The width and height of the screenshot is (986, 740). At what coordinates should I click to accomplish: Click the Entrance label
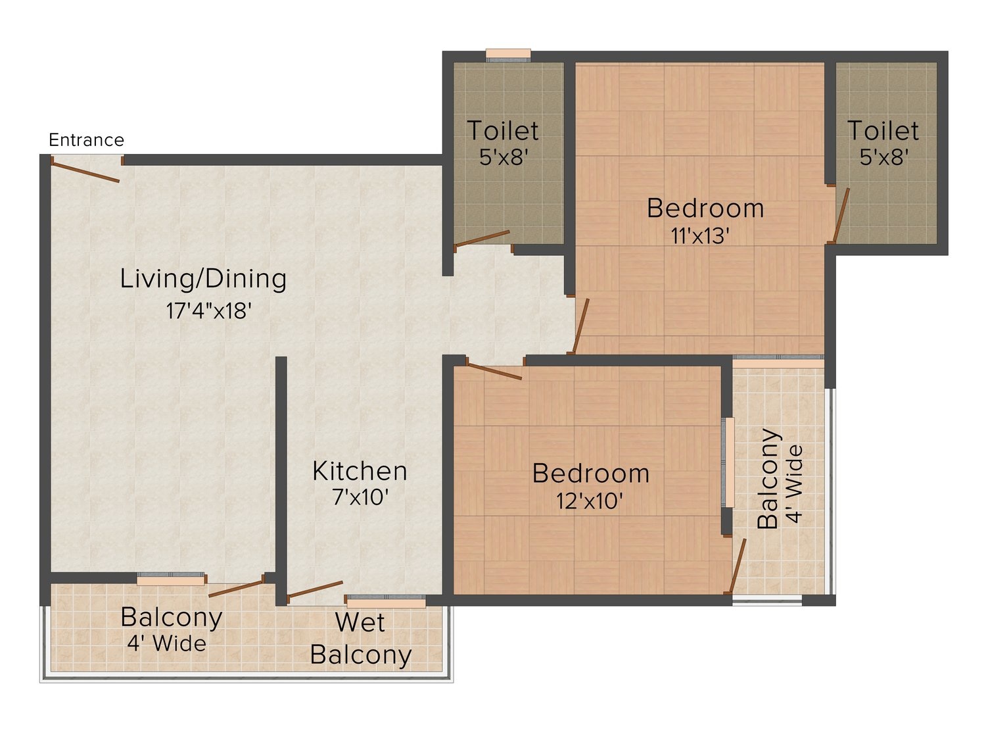(x=86, y=140)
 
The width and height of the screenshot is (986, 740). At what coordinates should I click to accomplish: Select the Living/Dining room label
(x=203, y=280)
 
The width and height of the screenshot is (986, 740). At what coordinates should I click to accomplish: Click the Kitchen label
(x=360, y=472)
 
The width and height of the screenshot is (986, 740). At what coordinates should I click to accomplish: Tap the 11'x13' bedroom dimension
(x=700, y=236)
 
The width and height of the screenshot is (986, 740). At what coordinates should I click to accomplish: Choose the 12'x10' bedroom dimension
(x=590, y=501)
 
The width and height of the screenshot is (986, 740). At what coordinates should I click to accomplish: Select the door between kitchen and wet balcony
(x=315, y=591)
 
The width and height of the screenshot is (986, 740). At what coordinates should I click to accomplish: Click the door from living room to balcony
(x=237, y=588)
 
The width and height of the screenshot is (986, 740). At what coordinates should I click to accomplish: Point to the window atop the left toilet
(x=508, y=55)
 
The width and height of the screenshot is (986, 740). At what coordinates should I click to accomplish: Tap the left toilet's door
(x=482, y=239)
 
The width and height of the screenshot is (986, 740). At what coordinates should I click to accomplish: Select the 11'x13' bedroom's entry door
(x=580, y=326)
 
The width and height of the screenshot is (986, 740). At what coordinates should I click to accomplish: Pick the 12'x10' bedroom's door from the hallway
(x=494, y=372)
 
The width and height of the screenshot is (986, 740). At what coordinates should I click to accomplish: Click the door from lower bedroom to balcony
(x=738, y=566)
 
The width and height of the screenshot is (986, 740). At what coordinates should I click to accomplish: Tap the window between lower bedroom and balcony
(x=728, y=462)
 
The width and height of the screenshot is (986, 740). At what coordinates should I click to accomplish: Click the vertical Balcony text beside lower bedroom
(x=768, y=479)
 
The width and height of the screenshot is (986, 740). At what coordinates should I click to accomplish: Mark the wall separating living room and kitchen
(x=281, y=481)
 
